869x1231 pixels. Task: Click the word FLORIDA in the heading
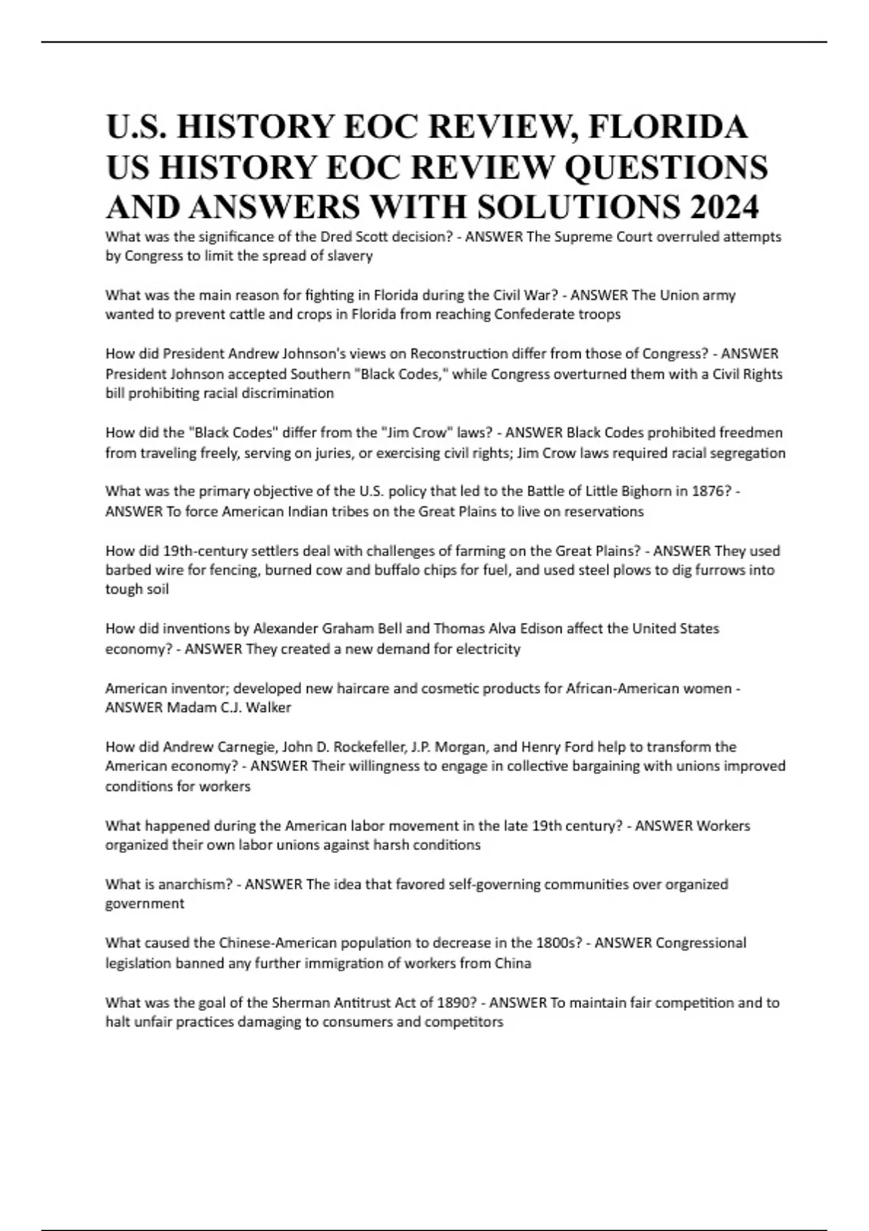click(x=668, y=127)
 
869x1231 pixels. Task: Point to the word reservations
click(x=603, y=511)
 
